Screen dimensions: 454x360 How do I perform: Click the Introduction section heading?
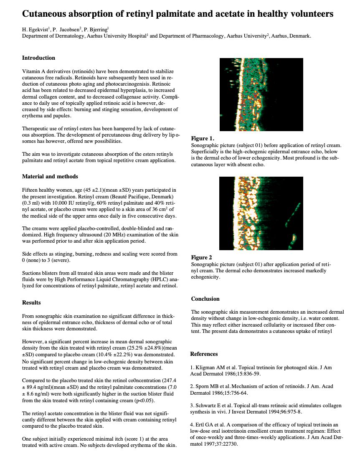[38, 58]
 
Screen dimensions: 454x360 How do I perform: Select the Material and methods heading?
[50, 177]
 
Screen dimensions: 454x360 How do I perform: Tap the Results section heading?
[31, 302]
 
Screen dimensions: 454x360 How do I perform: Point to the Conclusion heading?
[205, 299]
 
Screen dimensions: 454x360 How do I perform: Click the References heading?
[204, 354]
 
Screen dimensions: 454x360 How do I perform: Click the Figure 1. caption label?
[203, 139]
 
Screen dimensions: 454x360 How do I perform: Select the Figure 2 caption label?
[201, 258]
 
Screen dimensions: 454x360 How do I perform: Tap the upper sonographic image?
[261, 94]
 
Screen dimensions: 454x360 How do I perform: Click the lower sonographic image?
[261, 213]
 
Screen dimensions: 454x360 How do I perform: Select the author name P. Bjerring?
[96, 30]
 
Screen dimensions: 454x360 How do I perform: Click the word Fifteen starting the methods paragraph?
[30, 190]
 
